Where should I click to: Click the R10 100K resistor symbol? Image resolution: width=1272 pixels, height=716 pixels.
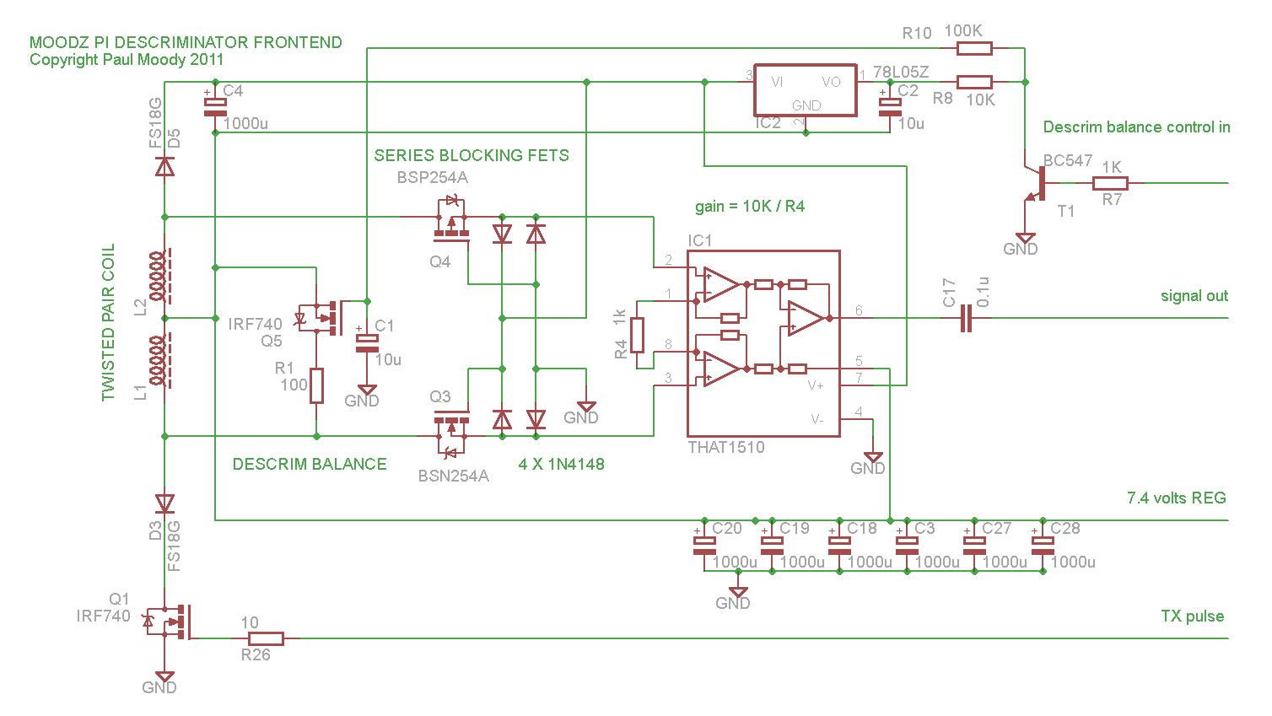(974, 48)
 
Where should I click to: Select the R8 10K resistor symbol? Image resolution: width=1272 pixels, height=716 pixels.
(974, 83)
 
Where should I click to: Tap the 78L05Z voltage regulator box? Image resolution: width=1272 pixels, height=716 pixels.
(806, 90)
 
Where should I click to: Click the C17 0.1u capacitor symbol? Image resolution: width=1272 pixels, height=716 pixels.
(966, 318)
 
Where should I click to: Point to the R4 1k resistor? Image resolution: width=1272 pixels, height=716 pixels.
(637, 336)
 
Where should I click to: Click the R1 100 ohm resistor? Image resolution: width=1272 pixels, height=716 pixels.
(317, 386)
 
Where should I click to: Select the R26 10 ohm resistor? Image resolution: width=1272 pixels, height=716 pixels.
(266, 638)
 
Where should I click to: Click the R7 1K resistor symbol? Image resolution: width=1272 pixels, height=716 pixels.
(1110, 183)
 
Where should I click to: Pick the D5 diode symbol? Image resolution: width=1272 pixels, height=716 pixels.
(164, 167)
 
